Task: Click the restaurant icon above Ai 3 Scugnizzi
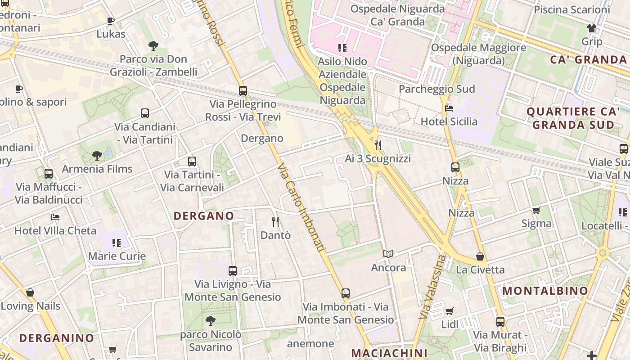point(378,145)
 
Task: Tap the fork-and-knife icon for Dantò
point(275,221)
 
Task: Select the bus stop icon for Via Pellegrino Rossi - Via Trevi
point(243,91)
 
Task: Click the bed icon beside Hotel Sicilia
point(449,108)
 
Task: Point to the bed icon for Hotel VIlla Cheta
point(55,217)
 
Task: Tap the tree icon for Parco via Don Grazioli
point(153,45)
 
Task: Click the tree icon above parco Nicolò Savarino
point(210,320)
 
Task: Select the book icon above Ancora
point(388,254)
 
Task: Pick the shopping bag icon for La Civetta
point(480,256)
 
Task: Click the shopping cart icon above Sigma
point(536,210)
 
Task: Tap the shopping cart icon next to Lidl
point(449,311)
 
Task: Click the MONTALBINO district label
point(545,291)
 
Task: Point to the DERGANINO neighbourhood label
point(57,338)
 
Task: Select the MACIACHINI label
point(389,353)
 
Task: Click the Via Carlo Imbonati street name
point(301,207)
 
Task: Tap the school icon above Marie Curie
point(117,243)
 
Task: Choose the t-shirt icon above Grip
point(591,28)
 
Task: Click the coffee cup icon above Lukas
point(111,21)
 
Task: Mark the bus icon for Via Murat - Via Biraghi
point(500,322)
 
